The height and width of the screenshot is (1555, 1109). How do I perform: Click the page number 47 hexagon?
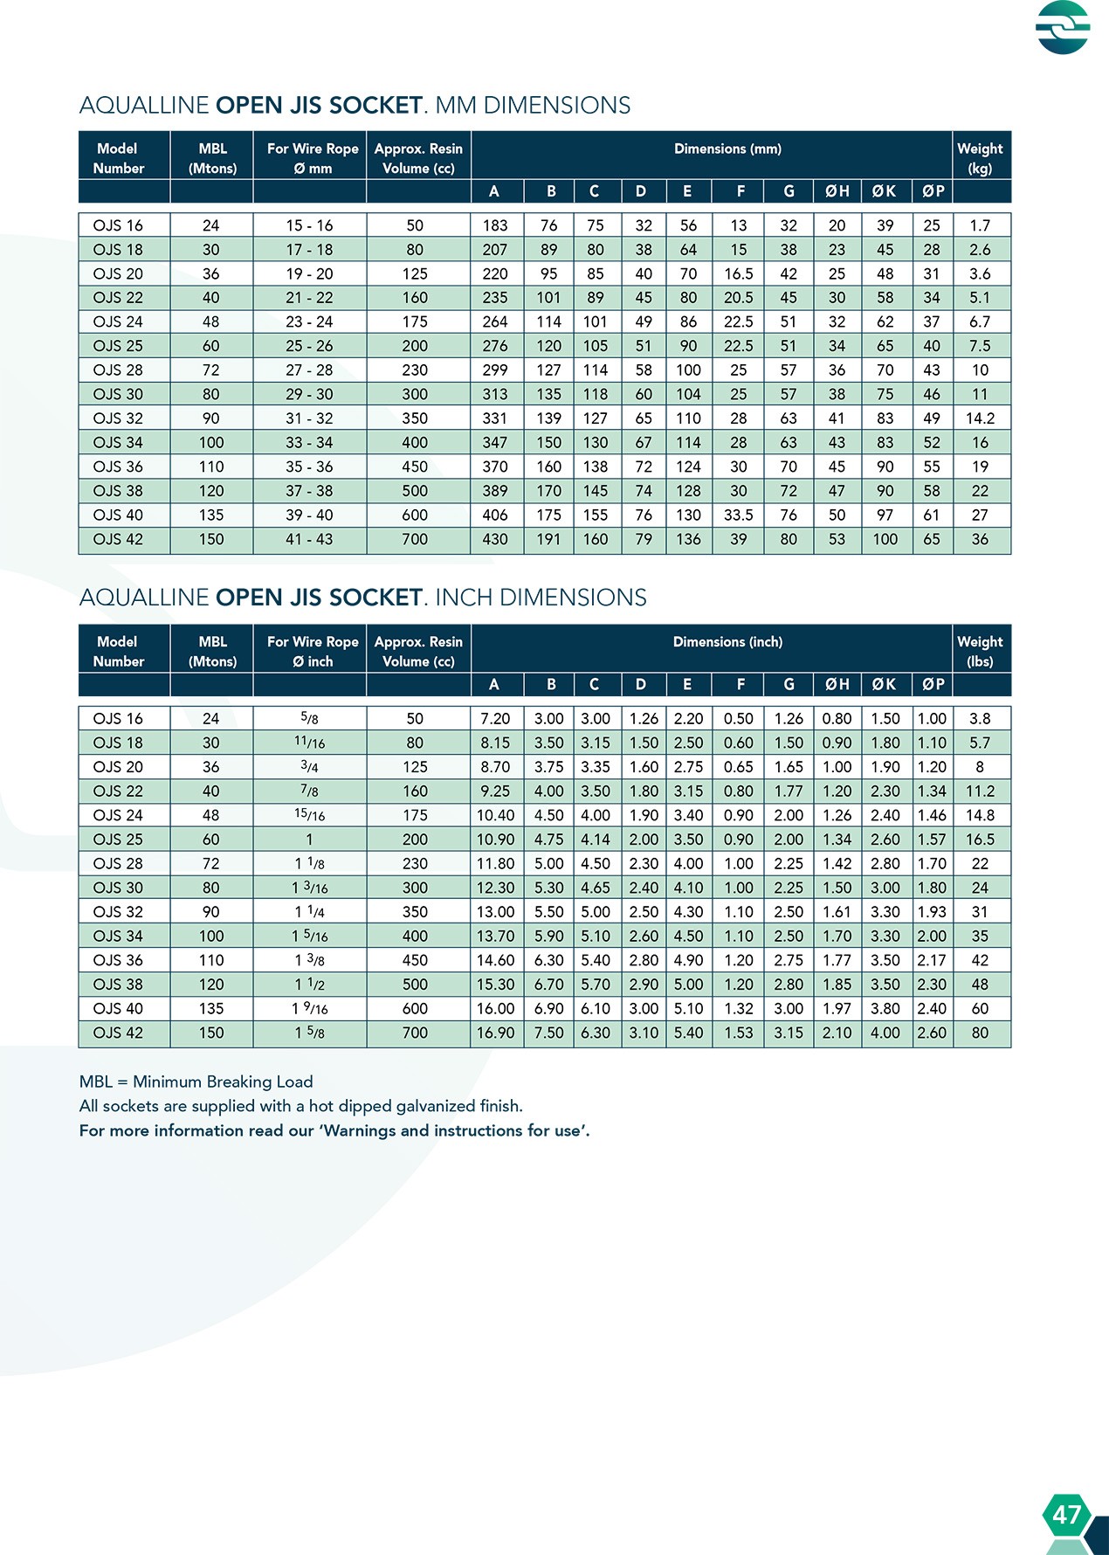tap(1066, 1514)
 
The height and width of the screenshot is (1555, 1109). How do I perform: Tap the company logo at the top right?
tap(1063, 27)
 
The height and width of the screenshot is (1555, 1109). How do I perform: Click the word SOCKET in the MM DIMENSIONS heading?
tap(375, 106)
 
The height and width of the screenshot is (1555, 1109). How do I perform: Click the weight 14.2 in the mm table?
tap(980, 418)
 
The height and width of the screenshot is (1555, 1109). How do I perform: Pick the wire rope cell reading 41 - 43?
tap(309, 540)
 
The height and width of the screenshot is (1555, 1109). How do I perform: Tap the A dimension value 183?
tap(494, 225)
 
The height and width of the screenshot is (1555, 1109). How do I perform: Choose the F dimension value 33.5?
tap(738, 515)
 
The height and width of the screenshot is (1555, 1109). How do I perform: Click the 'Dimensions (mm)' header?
tap(727, 149)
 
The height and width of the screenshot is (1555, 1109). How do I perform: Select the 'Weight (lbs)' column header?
tap(980, 651)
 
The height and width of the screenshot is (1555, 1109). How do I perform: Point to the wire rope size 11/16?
tap(309, 743)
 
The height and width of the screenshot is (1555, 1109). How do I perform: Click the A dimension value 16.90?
tap(494, 1033)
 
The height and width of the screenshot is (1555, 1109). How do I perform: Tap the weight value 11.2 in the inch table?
tap(980, 791)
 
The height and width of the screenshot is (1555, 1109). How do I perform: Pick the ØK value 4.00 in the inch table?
tap(885, 1033)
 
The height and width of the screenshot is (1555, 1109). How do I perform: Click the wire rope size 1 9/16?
tap(309, 1009)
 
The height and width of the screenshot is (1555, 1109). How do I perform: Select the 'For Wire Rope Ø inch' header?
tap(313, 651)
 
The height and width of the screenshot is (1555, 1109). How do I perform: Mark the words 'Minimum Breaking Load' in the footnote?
tap(223, 1082)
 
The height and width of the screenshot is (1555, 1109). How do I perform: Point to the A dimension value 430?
tap(494, 540)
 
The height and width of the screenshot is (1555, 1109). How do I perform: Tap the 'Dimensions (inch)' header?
tap(727, 642)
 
